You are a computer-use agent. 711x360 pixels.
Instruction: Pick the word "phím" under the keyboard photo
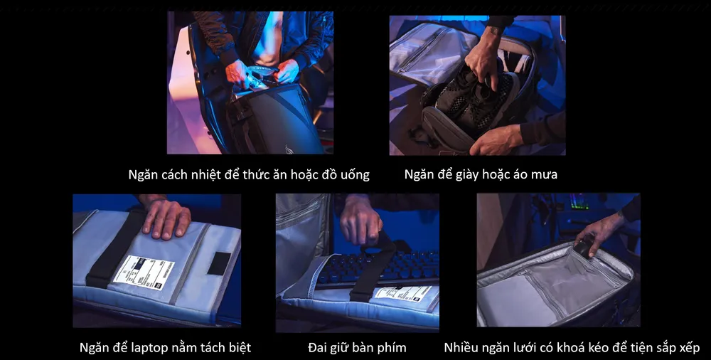[390, 348]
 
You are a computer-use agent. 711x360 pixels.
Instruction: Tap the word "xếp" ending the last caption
[688, 348]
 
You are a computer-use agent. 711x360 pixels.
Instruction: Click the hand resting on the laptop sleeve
[165, 217]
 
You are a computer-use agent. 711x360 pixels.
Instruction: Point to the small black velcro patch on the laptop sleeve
[218, 263]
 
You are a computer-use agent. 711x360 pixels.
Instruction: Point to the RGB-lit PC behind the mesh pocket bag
[579, 202]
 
